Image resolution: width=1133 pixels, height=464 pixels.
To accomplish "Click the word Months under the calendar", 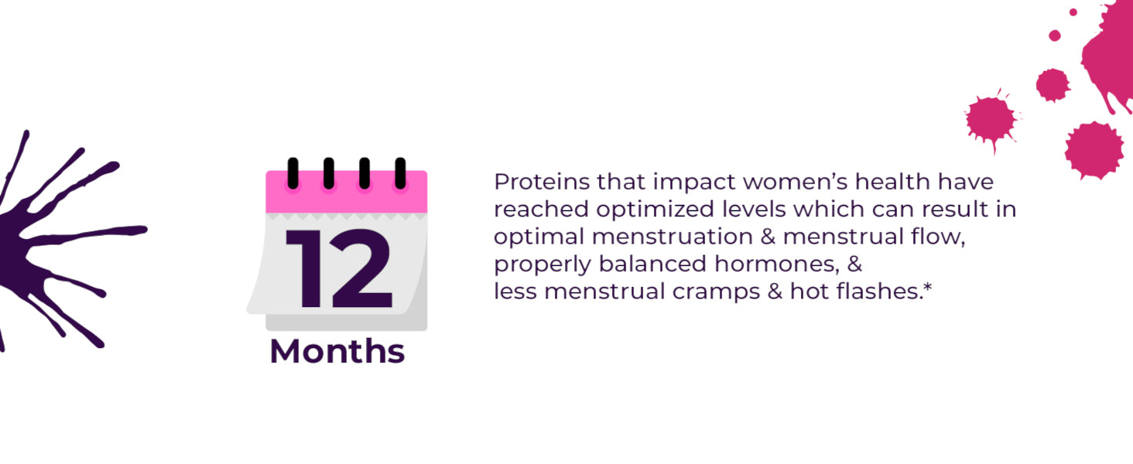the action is click(x=337, y=351).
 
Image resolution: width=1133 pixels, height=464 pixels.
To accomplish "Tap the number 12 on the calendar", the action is click(x=339, y=268).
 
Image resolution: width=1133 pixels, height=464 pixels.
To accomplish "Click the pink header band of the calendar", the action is click(x=347, y=192).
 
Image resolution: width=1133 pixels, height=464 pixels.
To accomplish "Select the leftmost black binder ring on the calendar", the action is click(x=293, y=173).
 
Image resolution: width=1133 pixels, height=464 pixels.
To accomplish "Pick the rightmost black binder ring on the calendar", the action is click(x=400, y=173).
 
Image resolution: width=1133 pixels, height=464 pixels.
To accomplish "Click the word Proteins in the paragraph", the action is click(x=542, y=182).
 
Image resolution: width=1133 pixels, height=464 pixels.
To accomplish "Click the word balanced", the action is click(x=652, y=264).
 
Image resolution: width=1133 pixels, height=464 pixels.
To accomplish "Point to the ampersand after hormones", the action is click(x=855, y=264).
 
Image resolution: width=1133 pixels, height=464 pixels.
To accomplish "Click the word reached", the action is click(x=541, y=210).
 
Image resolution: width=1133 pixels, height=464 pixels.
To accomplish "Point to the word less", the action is click(x=515, y=292).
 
